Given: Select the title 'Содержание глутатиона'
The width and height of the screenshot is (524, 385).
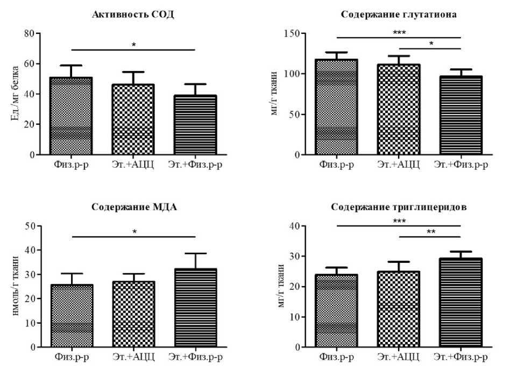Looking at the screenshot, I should pyautogui.click(x=399, y=15).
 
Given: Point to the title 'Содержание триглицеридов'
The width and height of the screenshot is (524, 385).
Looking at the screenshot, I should pyautogui.click(x=399, y=207).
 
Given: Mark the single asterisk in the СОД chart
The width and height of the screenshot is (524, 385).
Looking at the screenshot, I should pyautogui.click(x=133, y=45).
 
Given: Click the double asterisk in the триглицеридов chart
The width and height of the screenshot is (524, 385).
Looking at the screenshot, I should pyautogui.click(x=430, y=232).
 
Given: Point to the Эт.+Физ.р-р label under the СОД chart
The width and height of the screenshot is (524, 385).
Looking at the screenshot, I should pyautogui.click(x=195, y=164).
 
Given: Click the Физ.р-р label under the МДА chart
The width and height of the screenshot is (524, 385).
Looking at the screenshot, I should pyautogui.click(x=72, y=357).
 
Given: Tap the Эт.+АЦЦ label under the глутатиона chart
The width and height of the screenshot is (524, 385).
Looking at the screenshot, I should pyautogui.click(x=399, y=164).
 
